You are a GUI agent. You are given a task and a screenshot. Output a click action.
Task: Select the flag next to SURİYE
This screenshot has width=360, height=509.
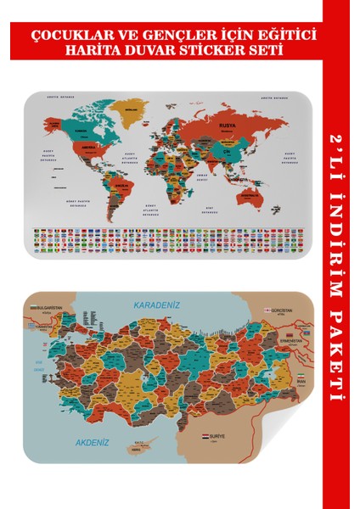click(x=205, y=437)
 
